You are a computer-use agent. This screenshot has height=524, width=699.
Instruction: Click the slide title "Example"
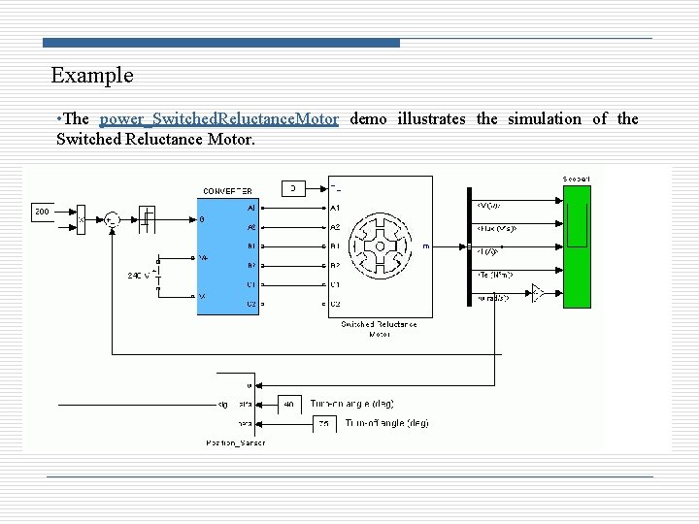(x=92, y=75)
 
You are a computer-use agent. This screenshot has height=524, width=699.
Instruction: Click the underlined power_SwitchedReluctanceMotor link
(x=219, y=119)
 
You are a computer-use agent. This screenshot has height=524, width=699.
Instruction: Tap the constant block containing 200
(x=43, y=211)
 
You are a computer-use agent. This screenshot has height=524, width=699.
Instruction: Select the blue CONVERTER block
(x=227, y=257)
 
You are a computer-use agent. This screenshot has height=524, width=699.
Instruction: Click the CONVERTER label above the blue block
(x=227, y=191)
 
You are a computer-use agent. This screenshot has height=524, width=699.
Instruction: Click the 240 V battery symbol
(x=160, y=275)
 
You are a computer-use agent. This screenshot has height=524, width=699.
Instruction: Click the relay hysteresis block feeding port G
(x=146, y=220)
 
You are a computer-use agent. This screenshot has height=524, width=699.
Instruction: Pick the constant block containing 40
(x=290, y=403)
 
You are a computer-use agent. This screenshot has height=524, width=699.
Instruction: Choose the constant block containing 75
(x=325, y=424)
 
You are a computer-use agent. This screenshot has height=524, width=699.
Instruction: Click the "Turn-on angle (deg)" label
(x=351, y=403)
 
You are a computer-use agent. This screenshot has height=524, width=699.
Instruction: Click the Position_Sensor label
(x=235, y=442)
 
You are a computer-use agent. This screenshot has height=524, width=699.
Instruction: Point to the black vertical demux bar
(x=469, y=247)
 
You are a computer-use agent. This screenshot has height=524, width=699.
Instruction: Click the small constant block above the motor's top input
(x=292, y=186)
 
